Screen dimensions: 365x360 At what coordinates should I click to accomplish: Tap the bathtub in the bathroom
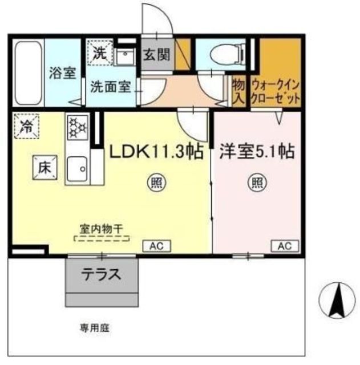click(x=27, y=72)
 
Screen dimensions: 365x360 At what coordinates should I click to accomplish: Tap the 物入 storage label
click(x=238, y=91)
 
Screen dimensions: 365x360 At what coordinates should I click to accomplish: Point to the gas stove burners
click(x=76, y=126)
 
